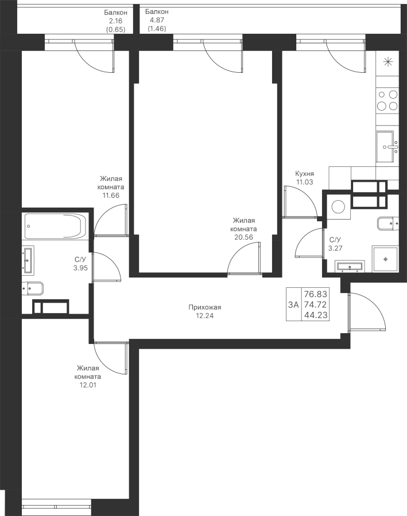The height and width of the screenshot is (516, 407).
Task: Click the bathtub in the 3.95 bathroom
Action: coord(55,226)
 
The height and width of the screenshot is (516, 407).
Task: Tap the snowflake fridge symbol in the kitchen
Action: coord(387,62)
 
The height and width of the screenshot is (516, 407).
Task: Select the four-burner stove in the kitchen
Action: coord(387,100)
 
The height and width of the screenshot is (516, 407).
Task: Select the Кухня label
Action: coord(304,174)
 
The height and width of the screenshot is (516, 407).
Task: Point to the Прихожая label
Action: coord(205,307)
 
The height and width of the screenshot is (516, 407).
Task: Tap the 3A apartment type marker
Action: coord(293,304)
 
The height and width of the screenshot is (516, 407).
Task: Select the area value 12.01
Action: coord(87,385)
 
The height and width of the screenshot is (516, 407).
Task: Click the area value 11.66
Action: coord(110,195)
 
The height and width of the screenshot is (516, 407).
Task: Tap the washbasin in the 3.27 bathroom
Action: coord(350,265)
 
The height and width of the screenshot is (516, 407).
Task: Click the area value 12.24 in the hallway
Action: coord(205,315)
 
